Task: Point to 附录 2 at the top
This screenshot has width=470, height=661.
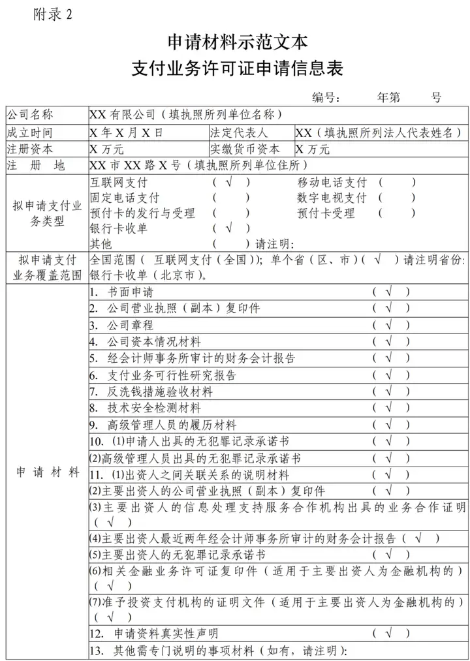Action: (x=52, y=16)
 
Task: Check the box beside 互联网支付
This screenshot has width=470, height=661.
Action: (x=230, y=182)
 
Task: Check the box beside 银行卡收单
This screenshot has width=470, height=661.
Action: (x=230, y=228)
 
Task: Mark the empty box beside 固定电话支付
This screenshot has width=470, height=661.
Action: (x=230, y=197)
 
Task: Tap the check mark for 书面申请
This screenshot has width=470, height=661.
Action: (x=390, y=292)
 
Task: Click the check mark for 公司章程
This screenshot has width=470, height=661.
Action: (x=390, y=325)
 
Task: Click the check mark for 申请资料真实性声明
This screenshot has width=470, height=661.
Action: (x=390, y=632)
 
